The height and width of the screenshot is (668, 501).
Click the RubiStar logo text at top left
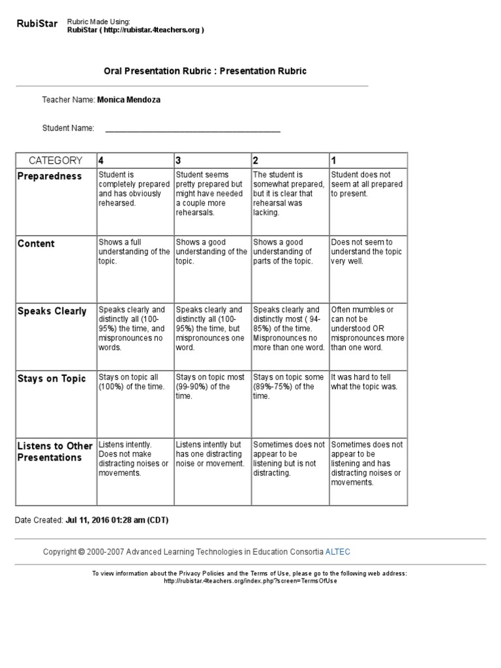(37, 25)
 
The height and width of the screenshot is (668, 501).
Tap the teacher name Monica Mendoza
(129, 100)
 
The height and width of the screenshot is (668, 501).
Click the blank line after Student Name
(192, 129)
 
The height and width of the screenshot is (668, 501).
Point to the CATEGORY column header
(55, 160)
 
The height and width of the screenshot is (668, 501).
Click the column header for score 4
(100, 160)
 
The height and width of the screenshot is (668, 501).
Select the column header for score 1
(333, 160)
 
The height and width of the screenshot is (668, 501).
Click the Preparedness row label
(50, 176)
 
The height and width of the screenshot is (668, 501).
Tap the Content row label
(36, 244)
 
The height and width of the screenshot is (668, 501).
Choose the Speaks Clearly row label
(52, 311)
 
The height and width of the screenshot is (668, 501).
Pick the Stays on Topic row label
(52, 379)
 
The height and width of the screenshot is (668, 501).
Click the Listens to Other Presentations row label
(55, 451)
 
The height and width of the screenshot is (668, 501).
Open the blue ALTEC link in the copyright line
(337, 552)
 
